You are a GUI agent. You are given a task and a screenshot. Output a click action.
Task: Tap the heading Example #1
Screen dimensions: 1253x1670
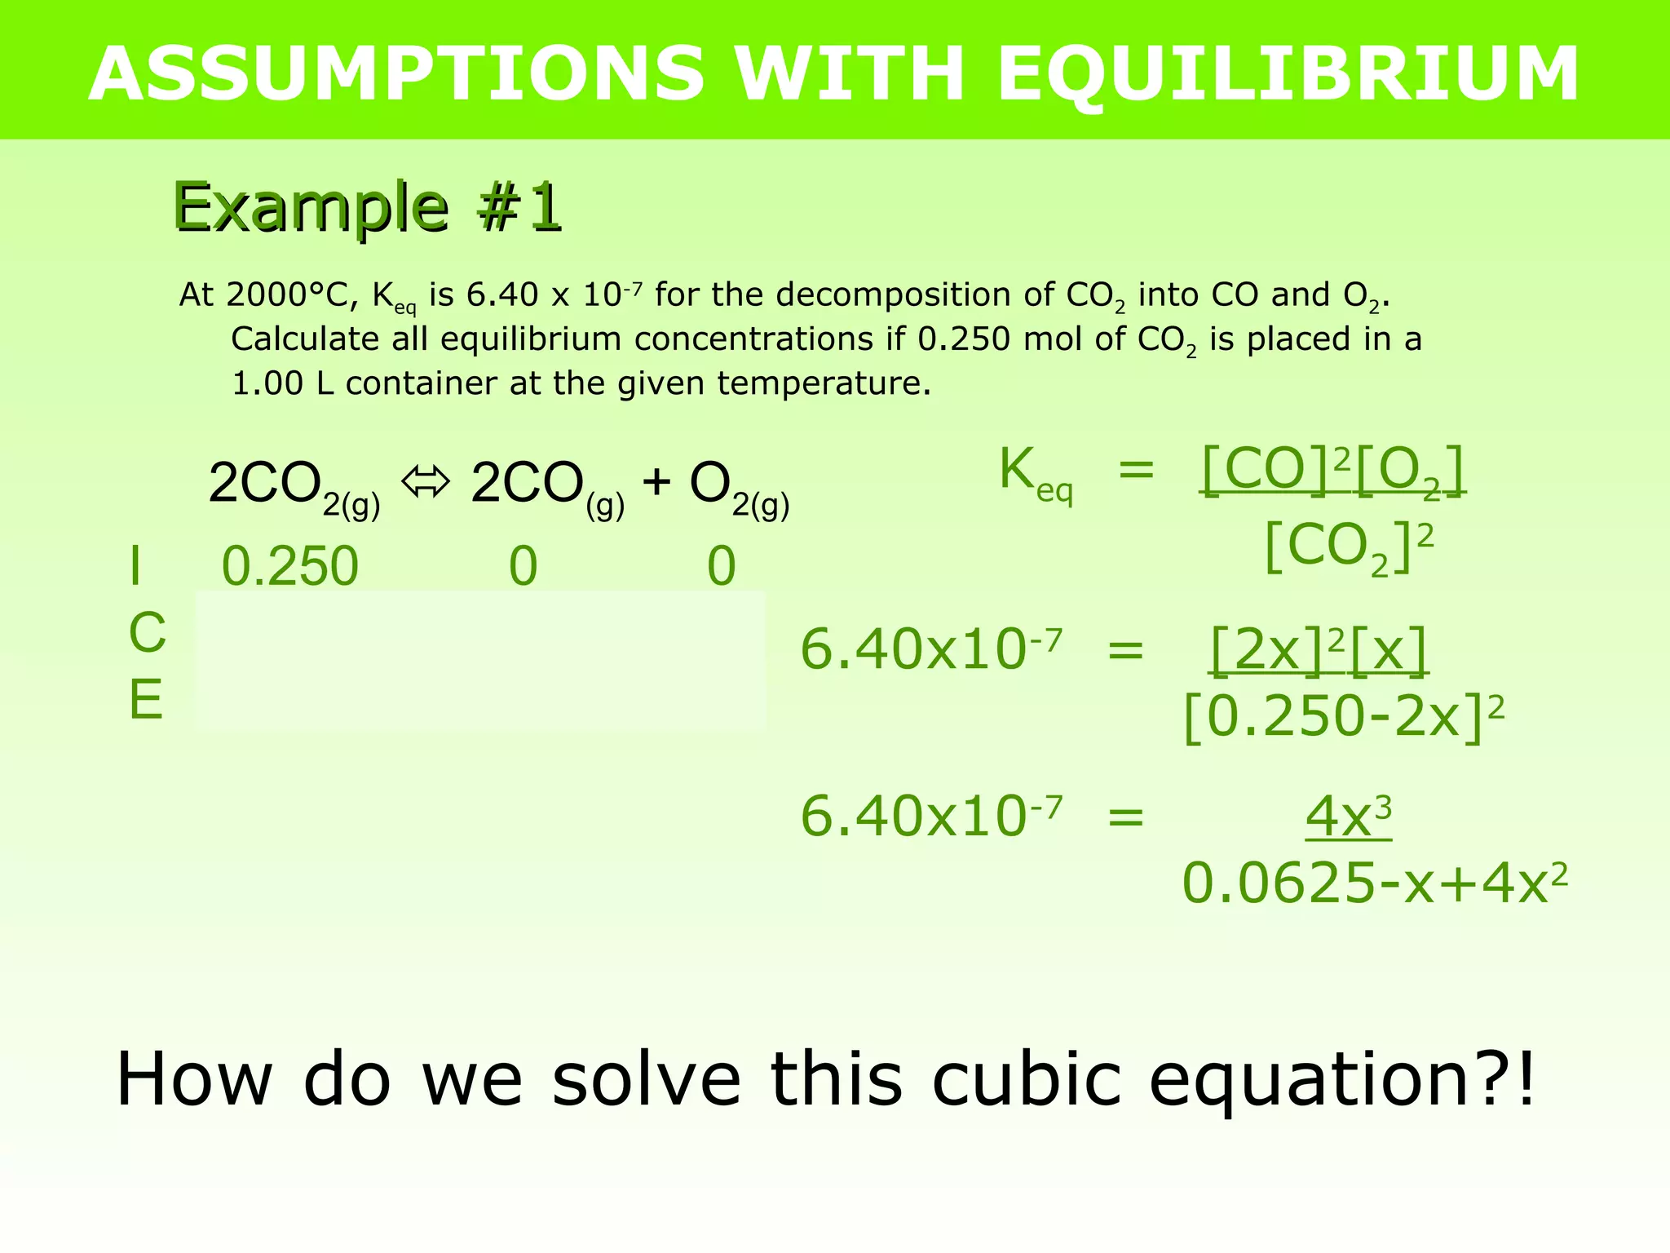coord(368,208)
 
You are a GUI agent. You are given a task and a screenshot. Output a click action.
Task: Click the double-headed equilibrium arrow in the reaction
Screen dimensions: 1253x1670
coord(425,483)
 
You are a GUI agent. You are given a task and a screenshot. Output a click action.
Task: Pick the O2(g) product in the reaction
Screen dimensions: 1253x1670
coord(739,488)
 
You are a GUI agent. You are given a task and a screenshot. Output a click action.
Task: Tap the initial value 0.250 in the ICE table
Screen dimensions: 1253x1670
coord(290,566)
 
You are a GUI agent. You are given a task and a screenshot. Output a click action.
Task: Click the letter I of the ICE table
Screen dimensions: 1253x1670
coord(135,566)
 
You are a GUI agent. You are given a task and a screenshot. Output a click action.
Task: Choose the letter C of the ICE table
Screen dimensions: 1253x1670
coord(147,633)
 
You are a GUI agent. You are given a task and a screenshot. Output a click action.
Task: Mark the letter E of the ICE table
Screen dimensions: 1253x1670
coord(146,700)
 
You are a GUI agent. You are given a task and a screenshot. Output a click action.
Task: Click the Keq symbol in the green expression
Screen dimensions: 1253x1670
coord(1035,475)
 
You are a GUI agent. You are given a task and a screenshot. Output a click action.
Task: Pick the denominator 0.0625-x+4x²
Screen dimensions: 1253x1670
coord(1374,884)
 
